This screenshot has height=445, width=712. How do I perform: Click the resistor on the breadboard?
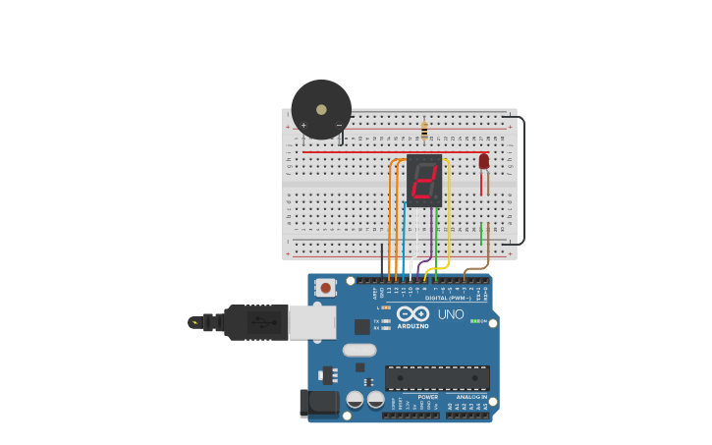(x=424, y=130)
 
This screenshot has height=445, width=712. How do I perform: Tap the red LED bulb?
(x=483, y=161)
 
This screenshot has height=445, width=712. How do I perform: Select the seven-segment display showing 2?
(x=424, y=181)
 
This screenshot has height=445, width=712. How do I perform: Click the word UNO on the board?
(x=451, y=314)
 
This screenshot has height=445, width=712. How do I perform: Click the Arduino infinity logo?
(x=412, y=313)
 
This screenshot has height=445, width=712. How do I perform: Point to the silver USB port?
(x=312, y=322)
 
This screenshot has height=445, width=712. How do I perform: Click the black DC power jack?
(x=318, y=403)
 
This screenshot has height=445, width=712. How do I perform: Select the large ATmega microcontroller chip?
(x=437, y=377)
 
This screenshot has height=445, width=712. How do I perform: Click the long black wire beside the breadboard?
(x=523, y=182)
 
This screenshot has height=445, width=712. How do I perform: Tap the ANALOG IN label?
(x=470, y=397)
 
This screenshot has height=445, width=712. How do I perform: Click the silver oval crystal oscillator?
(x=359, y=350)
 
